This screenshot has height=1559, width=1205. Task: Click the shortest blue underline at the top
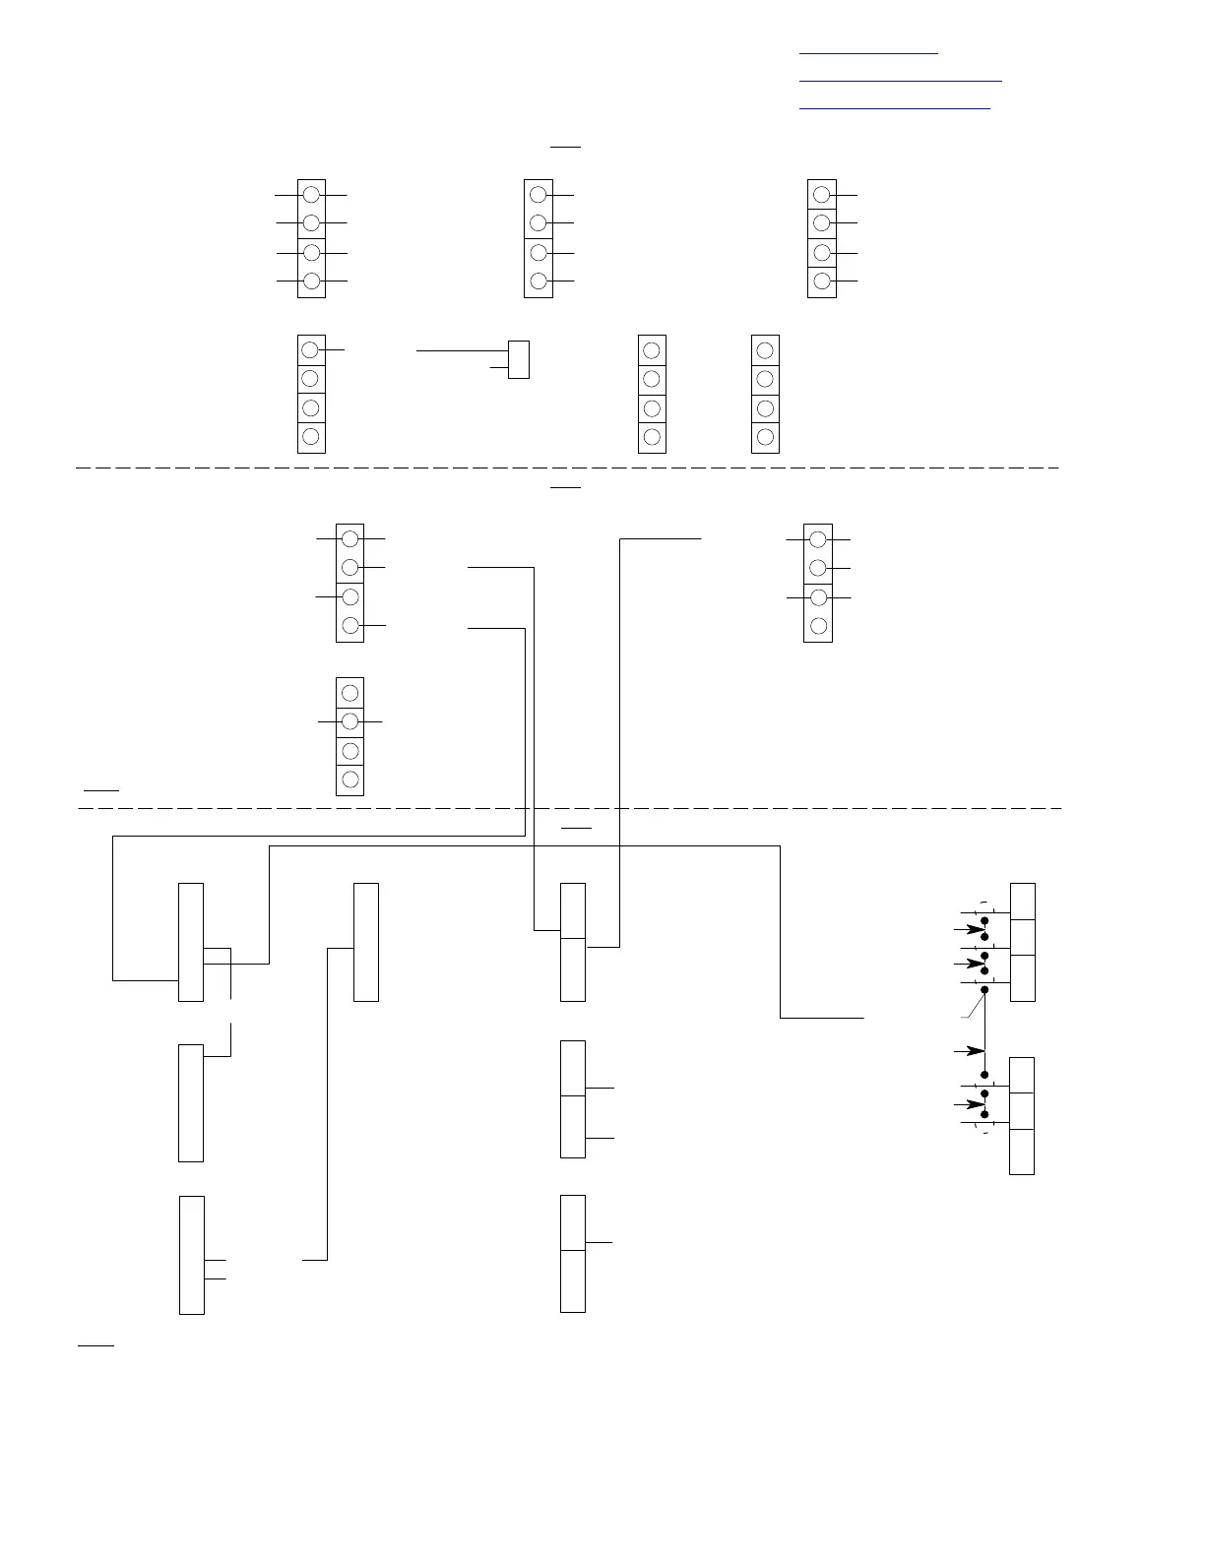click(x=868, y=53)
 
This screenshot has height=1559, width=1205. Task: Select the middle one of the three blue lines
click(x=900, y=80)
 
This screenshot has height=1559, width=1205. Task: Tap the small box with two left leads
click(x=519, y=359)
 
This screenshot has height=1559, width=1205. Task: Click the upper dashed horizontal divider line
click(x=567, y=468)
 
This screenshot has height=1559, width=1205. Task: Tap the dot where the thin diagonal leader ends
click(x=984, y=989)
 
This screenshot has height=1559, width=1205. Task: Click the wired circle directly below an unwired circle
click(x=349, y=721)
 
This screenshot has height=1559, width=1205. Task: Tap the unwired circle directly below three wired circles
click(x=818, y=625)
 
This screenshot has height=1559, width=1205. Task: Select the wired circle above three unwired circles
click(x=310, y=349)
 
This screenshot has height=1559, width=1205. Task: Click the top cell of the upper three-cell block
click(x=1023, y=902)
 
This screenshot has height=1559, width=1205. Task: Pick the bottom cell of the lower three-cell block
click(x=1022, y=1152)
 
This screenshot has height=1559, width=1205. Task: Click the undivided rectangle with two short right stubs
click(x=192, y=1255)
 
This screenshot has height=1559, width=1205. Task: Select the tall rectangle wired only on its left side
click(x=366, y=942)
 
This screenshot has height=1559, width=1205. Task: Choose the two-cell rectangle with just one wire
click(x=573, y=1253)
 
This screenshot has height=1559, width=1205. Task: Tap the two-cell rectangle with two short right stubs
click(x=573, y=1098)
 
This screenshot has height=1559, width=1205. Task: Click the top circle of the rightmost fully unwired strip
click(x=765, y=349)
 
